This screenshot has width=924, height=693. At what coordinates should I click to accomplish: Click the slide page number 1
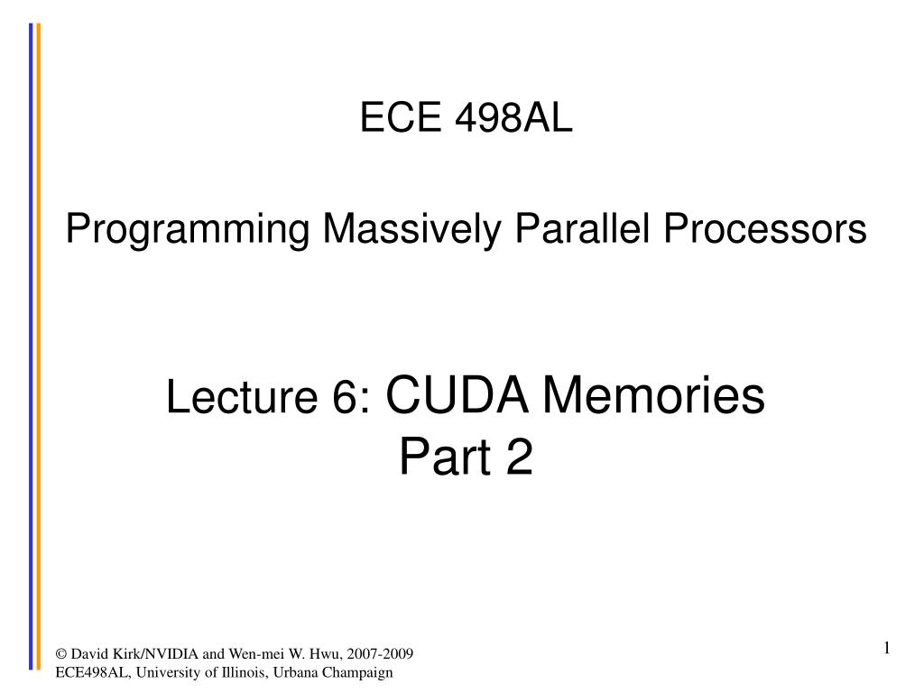[887, 648]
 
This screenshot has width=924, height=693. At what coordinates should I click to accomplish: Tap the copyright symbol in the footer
[61, 654]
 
